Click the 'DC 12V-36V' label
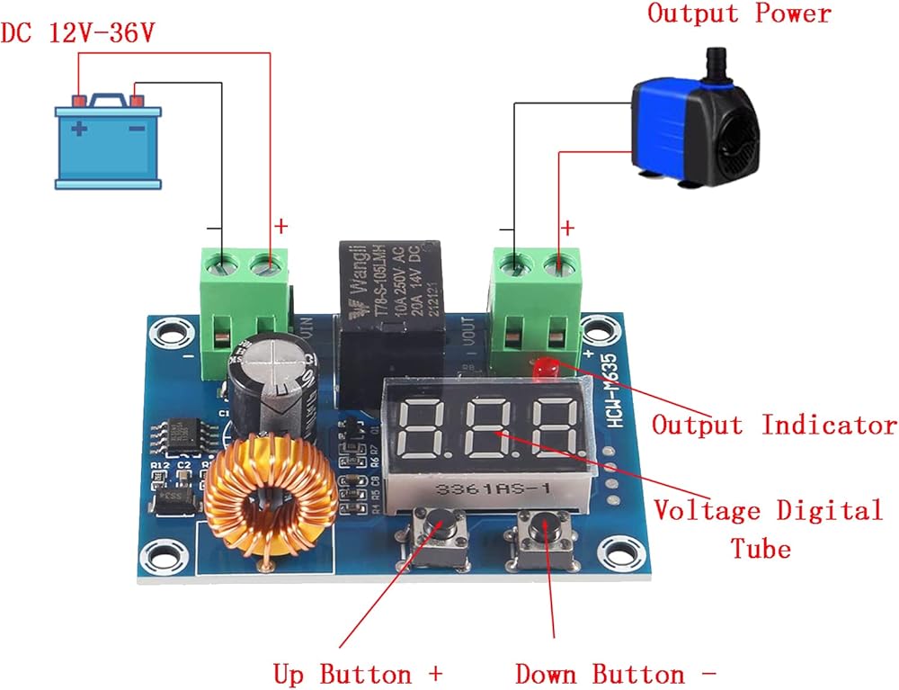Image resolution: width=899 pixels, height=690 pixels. pyautogui.click(x=78, y=33)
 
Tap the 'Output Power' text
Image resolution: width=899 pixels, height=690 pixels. pyautogui.click(x=739, y=13)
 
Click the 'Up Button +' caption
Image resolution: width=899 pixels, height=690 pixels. pyautogui.click(x=358, y=673)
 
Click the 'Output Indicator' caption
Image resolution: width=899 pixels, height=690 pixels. pyautogui.click(x=774, y=425)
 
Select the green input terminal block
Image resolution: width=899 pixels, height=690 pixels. pyautogui.click(x=245, y=306)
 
